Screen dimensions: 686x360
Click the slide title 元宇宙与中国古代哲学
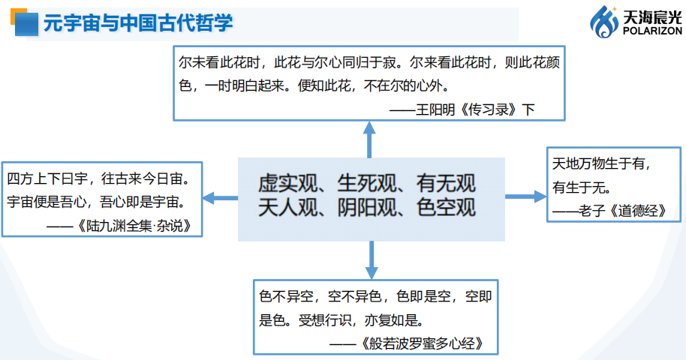(138, 23)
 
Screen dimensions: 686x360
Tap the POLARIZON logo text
(651, 32)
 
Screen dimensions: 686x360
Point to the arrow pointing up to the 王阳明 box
(369, 139)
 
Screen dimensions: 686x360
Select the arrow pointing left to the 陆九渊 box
(220, 198)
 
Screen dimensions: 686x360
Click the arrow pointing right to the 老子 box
(525, 196)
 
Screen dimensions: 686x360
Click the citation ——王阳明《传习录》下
(464, 109)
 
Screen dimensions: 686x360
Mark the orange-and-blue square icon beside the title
(23, 22)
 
